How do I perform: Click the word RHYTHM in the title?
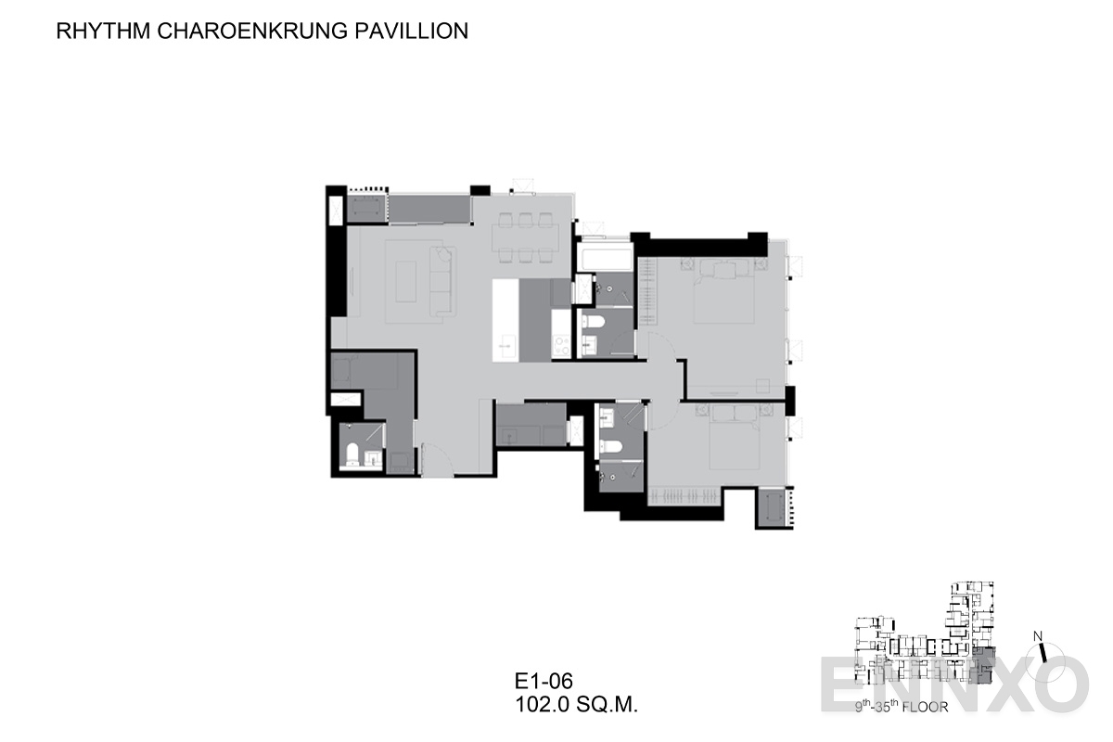(x=103, y=31)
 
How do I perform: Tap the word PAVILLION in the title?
(x=412, y=31)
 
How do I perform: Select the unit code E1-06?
(x=544, y=681)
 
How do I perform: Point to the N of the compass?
(x=1038, y=636)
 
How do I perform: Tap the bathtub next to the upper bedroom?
(x=604, y=258)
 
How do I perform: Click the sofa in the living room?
(x=442, y=282)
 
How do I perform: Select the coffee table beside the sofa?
(x=406, y=281)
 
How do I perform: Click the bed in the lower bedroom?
(x=735, y=437)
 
